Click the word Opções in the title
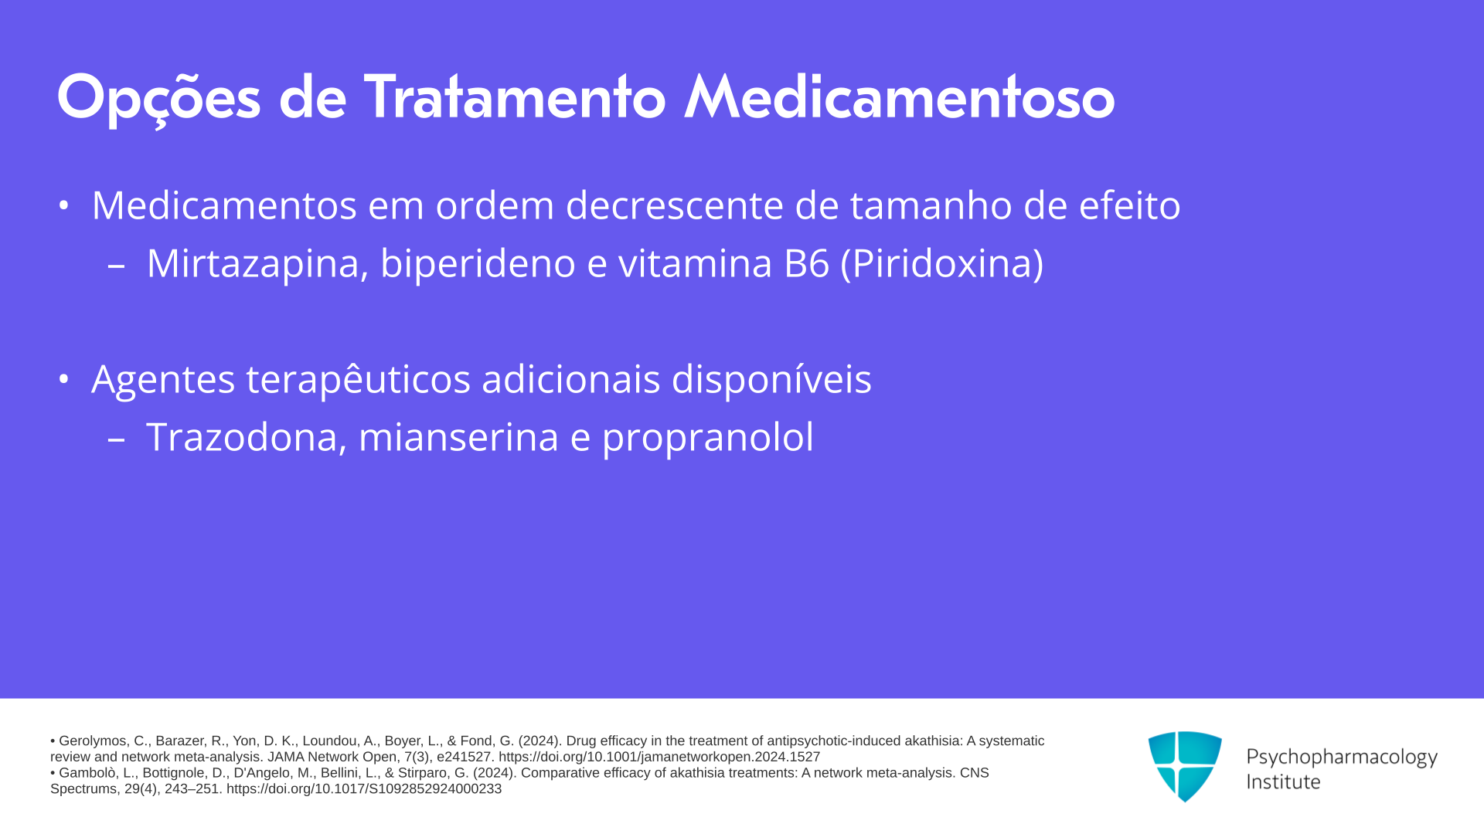tap(158, 99)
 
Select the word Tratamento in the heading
tap(515, 97)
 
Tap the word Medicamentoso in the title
tap(900, 97)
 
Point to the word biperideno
tap(478, 264)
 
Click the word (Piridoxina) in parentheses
tap(942, 264)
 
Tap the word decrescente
tap(675, 205)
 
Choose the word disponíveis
tap(771, 379)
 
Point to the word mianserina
tap(458, 437)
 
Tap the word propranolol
tap(708, 438)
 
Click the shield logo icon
tap(1185, 766)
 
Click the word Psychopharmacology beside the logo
tap(1342, 757)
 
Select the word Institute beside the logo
tap(1283, 781)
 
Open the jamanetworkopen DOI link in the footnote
tap(659, 758)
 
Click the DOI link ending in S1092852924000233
tap(364, 789)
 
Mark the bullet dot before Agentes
tap(64, 379)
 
